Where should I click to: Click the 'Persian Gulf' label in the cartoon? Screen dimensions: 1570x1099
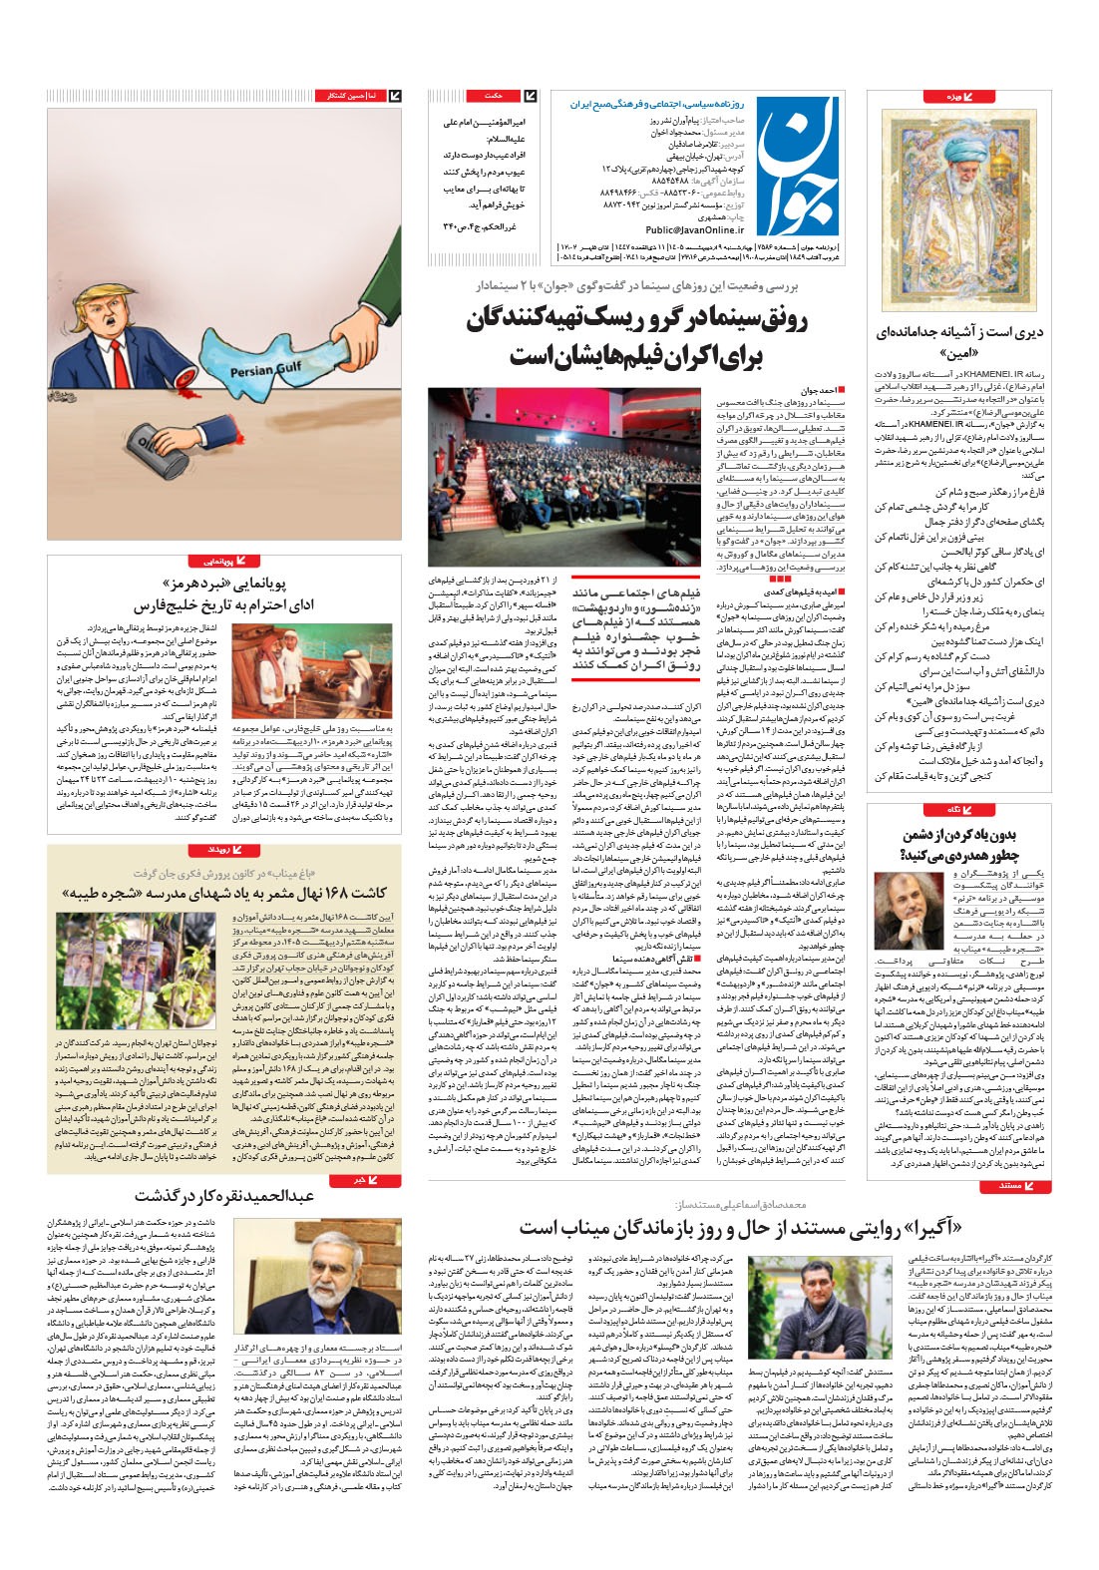point(264,371)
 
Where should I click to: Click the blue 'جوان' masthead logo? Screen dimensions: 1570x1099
point(796,165)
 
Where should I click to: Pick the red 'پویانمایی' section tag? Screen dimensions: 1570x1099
point(214,562)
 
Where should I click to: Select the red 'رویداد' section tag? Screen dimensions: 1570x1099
point(219,850)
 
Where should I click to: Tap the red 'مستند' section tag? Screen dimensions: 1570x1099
point(1009,1186)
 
